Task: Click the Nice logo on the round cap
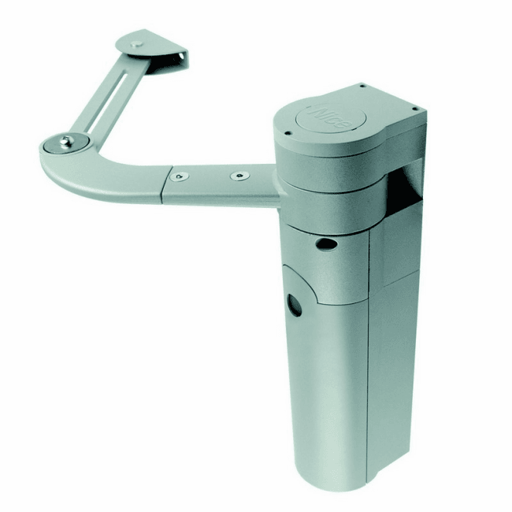pyautogui.click(x=329, y=118)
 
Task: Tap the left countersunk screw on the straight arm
pyautogui.click(x=180, y=176)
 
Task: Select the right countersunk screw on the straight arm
pyautogui.click(x=239, y=176)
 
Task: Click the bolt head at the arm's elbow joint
pyautogui.click(x=66, y=142)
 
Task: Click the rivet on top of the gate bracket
pyautogui.click(x=136, y=44)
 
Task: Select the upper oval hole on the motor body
pyautogui.click(x=325, y=243)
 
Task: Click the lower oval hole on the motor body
pyautogui.click(x=295, y=306)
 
